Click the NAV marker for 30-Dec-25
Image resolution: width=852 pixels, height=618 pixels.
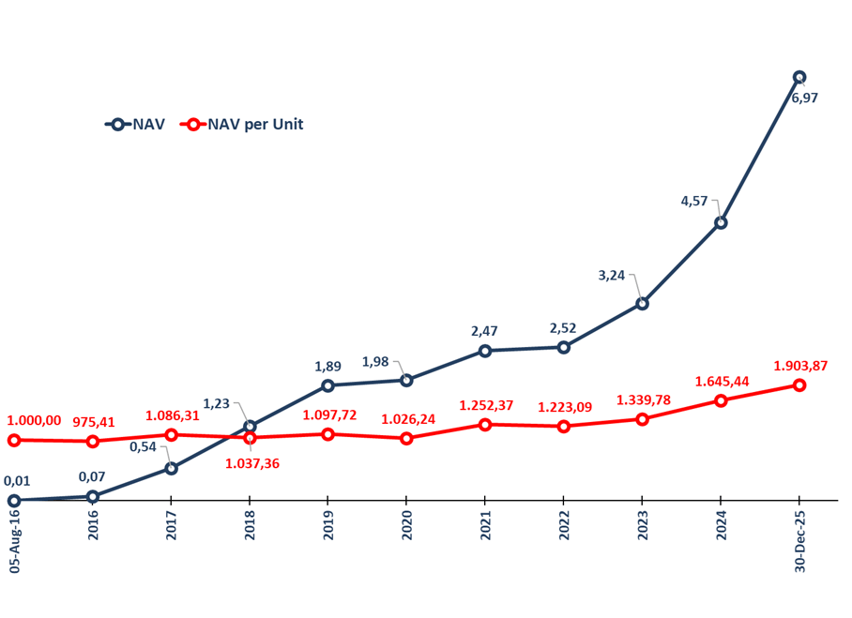point(799,77)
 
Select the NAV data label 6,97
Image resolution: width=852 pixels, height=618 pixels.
point(804,98)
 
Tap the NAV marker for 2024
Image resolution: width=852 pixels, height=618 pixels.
point(721,223)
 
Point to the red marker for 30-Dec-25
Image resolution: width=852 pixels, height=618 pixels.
point(799,385)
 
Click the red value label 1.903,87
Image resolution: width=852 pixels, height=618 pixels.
point(800,366)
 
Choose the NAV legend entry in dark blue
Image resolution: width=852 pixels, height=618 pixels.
point(135,124)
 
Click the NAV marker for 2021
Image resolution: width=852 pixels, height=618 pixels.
point(485,351)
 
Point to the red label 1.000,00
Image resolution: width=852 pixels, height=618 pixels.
point(34,421)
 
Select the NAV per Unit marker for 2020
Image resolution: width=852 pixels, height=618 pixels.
point(406,438)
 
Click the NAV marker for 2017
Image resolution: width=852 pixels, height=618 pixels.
point(171,468)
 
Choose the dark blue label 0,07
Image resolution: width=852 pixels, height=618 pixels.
point(91,476)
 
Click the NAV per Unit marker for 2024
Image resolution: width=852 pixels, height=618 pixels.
point(721,400)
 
